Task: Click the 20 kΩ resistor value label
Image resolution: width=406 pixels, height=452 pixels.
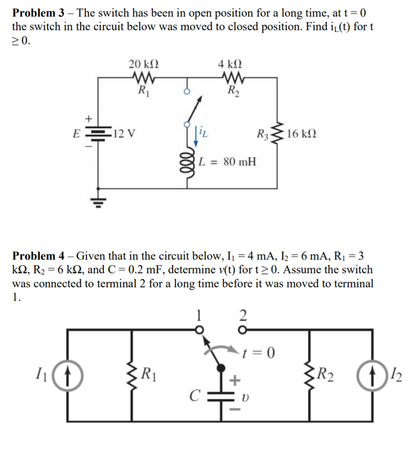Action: click(x=144, y=65)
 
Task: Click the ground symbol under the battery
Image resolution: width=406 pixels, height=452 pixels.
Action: click(x=99, y=200)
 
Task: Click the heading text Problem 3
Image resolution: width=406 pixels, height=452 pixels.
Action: click(x=38, y=13)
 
